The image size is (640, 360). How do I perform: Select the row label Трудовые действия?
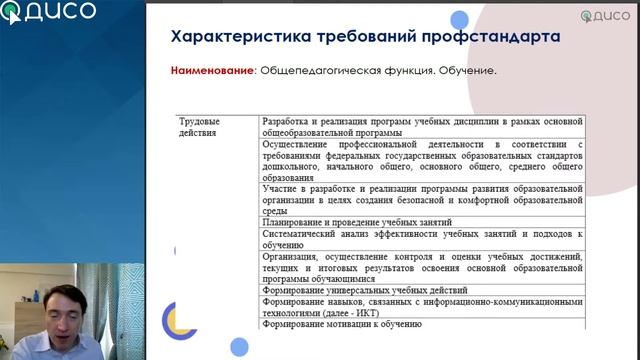tap(199, 127)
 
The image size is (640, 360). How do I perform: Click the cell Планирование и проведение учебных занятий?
tap(358, 222)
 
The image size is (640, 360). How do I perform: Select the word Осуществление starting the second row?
tap(303, 144)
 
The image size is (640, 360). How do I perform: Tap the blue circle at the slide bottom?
tap(239, 347)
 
